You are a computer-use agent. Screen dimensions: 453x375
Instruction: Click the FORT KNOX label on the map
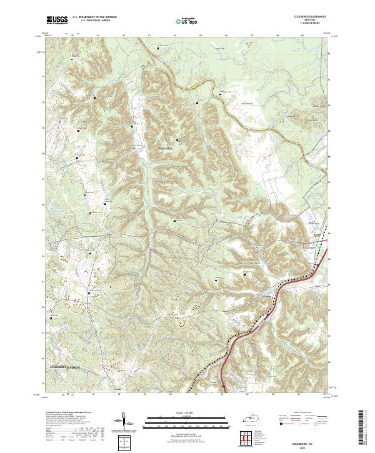point(165,148)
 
